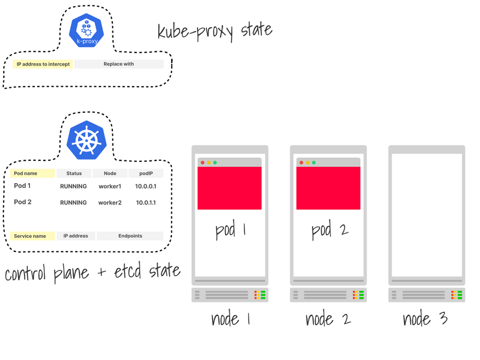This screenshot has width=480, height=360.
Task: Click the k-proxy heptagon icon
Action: pyautogui.click(x=86, y=30)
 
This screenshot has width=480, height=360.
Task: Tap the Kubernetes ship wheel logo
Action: pyautogui.click(x=86, y=140)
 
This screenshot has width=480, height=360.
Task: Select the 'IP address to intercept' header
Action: pyautogui.click(x=43, y=64)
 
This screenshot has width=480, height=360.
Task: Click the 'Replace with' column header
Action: pyautogui.click(x=119, y=64)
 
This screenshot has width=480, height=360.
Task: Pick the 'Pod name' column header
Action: pyautogui.click(x=32, y=173)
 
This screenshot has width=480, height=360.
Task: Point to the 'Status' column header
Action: pyautogui.click(x=74, y=173)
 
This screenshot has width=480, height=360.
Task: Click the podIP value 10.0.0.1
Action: pyautogui.click(x=146, y=187)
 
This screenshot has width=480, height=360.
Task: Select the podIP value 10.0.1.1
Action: pyautogui.click(x=146, y=203)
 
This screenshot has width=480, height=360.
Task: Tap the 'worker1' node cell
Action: pyautogui.click(x=110, y=187)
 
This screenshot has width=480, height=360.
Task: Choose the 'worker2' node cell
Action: pyautogui.click(x=110, y=203)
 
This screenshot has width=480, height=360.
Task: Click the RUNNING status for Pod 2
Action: pyautogui.click(x=74, y=203)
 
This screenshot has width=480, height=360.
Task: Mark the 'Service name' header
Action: pyautogui.click(x=32, y=236)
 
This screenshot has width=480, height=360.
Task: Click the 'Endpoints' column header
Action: pyautogui.click(x=130, y=236)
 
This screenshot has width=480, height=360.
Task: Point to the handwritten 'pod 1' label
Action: pyautogui.click(x=230, y=230)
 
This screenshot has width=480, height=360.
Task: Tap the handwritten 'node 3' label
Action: pyautogui.click(x=425, y=319)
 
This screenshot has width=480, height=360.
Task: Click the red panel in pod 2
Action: pyautogui.click(x=328, y=188)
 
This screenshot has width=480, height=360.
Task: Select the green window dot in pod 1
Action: pyautogui.click(x=215, y=163)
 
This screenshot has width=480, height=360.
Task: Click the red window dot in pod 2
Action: pyautogui.click(x=301, y=163)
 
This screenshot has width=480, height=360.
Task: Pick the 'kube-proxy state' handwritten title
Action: pyautogui.click(x=214, y=30)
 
